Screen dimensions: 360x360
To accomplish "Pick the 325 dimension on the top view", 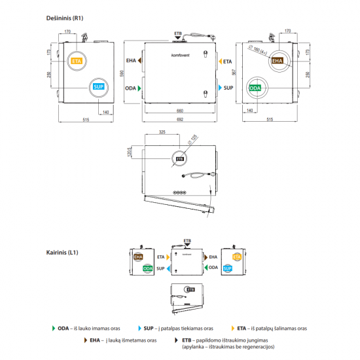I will click(x=162, y=133).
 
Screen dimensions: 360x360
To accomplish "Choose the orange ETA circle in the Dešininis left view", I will click(x=77, y=61).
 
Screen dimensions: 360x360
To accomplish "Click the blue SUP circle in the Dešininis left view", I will click(x=98, y=86).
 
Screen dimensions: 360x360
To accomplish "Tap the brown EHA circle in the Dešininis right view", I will click(x=278, y=61).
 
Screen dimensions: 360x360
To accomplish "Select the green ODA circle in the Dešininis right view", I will click(x=256, y=87).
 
